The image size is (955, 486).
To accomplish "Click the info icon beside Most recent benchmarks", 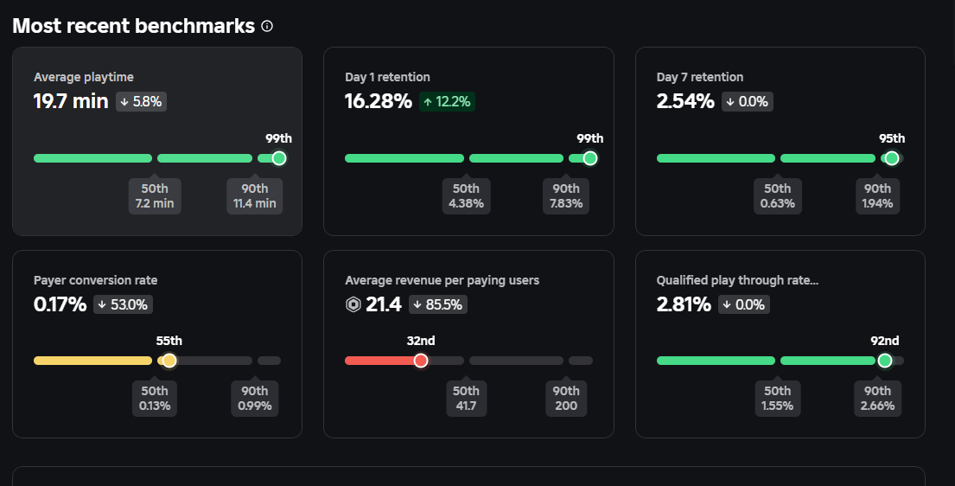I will point(267,26).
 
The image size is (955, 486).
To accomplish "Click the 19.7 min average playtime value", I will point(71,101).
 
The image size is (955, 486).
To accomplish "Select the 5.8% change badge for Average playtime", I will point(140,101).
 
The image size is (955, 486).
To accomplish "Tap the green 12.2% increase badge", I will point(447,101).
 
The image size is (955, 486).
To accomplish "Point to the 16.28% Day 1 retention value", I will point(379,101).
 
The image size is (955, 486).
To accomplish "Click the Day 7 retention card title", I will point(699,77).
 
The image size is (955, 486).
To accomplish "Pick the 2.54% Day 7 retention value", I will point(685,101).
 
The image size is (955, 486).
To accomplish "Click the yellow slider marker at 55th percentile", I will point(169,361).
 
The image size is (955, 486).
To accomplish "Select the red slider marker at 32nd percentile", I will point(421,361).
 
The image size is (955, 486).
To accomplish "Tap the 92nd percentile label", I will point(884,341).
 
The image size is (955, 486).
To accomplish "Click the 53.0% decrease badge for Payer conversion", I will point(124,304).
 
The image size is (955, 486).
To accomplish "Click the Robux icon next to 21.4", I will point(353,304).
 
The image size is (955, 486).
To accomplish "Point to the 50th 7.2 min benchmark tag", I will point(155,196).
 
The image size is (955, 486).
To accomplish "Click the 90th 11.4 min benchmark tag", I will point(254,196).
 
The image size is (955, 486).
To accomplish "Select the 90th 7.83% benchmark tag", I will point(566,196).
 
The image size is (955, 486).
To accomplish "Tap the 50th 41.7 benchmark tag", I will point(466,398).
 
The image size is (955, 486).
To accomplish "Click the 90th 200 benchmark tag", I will point(566,398).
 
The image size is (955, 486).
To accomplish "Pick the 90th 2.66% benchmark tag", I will point(877,398).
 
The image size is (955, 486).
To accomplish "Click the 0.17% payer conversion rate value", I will point(60,304).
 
